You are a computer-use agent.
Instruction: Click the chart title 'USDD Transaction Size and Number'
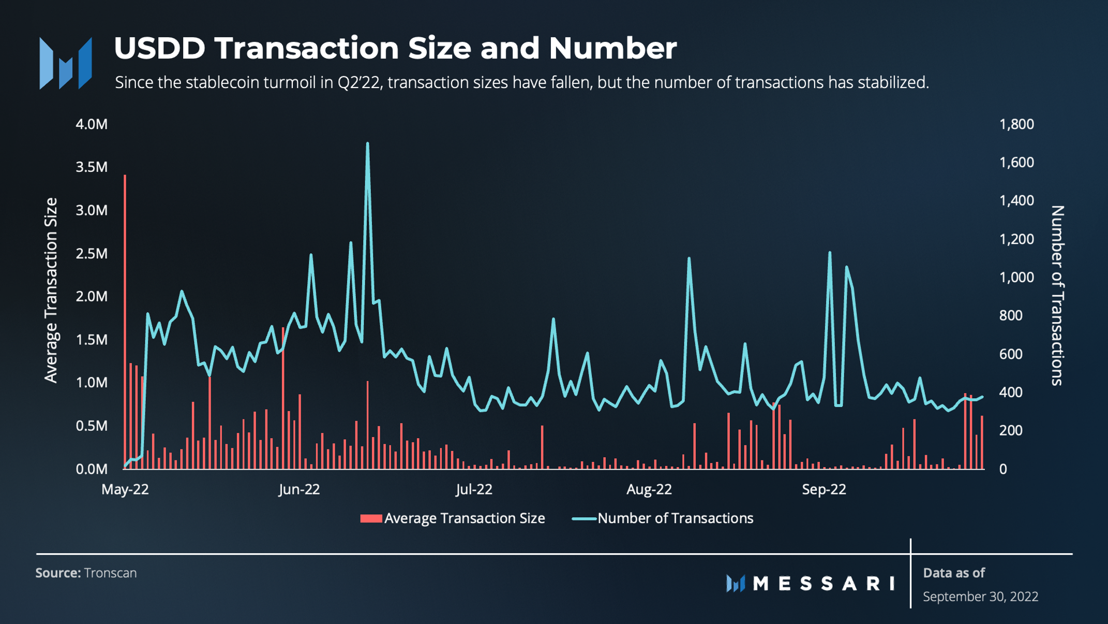tap(395, 48)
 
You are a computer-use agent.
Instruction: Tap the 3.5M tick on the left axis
tap(92, 167)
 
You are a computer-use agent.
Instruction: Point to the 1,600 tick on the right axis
tap(1016, 163)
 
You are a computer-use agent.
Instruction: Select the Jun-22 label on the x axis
tap(299, 489)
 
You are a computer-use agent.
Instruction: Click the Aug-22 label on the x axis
tap(649, 489)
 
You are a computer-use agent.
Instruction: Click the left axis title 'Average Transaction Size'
tap(51, 290)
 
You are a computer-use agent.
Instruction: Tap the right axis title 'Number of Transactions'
tap(1057, 295)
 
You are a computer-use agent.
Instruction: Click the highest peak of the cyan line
tap(367, 144)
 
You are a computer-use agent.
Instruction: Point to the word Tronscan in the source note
tap(110, 573)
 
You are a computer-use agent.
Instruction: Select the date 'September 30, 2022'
tap(980, 597)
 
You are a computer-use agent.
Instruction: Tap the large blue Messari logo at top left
tap(66, 63)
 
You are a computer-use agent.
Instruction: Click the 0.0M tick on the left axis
tap(92, 469)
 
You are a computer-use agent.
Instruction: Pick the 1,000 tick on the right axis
tap(1016, 278)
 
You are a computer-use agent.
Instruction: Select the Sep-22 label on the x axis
tap(823, 489)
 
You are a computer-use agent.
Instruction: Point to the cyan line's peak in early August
tap(689, 258)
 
